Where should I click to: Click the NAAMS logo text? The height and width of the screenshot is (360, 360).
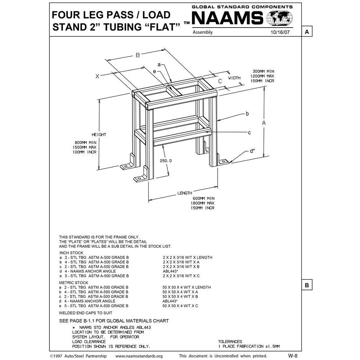(x=227, y=18)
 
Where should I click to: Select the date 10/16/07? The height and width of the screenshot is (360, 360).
(x=281, y=33)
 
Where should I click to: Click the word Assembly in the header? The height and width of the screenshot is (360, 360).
(x=203, y=33)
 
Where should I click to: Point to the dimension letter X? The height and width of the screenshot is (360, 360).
(x=97, y=77)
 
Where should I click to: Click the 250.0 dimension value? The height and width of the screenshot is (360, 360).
(x=165, y=161)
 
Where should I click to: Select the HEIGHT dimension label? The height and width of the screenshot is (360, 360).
(x=99, y=135)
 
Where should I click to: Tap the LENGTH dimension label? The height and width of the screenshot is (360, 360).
(x=185, y=193)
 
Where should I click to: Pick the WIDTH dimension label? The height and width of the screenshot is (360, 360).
(x=234, y=78)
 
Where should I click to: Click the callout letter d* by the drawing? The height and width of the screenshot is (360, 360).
(x=252, y=151)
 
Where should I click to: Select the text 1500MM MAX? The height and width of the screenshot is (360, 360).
(x=84, y=147)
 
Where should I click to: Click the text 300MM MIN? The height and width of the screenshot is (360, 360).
(x=263, y=72)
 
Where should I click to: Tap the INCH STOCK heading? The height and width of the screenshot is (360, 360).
(x=71, y=253)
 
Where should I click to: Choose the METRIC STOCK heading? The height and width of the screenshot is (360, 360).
(x=74, y=283)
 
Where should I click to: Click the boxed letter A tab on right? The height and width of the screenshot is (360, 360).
(x=307, y=32)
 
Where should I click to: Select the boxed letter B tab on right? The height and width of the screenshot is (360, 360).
(x=307, y=285)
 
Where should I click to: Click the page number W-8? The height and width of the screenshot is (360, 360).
(x=293, y=355)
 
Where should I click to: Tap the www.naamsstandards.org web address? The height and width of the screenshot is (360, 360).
(x=139, y=356)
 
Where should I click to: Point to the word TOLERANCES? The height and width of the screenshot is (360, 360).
(x=230, y=341)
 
